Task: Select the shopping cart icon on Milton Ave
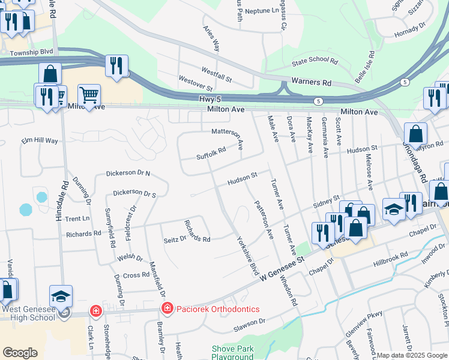pyautogui.click(x=89, y=94)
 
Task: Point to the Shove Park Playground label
pyautogui.click(x=232, y=353)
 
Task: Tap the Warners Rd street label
pyautogui.click(x=311, y=81)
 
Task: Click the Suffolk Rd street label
pyautogui.click(x=211, y=154)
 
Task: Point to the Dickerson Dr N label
pyautogui.click(x=128, y=173)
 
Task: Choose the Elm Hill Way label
pyautogui.click(x=40, y=140)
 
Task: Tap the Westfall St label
pyautogui.click(x=217, y=71)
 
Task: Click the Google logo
pyautogui.click(x=20, y=352)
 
